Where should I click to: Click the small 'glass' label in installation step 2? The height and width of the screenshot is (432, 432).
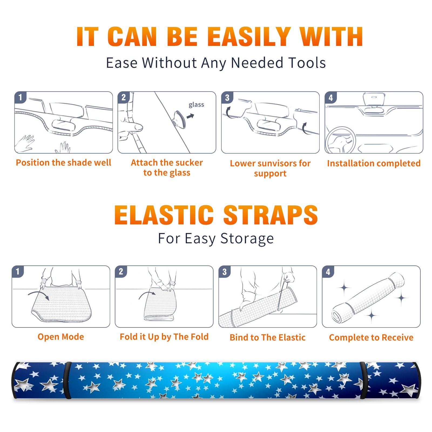tap(196, 104)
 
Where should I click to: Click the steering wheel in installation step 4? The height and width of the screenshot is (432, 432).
tap(340, 140)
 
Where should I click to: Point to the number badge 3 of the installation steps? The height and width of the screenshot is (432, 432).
tap(227, 97)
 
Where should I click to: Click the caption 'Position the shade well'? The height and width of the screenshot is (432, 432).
tap(63, 163)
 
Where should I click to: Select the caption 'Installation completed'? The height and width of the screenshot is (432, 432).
tap(374, 163)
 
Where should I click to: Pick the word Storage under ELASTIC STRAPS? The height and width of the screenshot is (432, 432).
tap(247, 239)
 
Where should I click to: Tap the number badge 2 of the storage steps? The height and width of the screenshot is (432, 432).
tap(121, 272)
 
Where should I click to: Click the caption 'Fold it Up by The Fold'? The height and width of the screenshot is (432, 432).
tap(164, 337)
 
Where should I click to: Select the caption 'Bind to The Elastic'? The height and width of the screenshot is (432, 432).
tap(268, 337)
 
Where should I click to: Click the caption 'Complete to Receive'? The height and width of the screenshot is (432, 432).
tap(371, 337)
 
